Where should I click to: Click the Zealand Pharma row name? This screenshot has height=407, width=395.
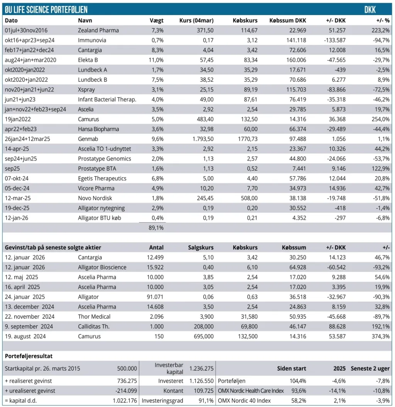(98, 30)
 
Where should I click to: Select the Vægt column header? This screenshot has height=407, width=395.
(157, 20)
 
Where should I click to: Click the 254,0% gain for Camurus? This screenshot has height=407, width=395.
(380, 119)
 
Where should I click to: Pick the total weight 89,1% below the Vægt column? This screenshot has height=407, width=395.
(156, 228)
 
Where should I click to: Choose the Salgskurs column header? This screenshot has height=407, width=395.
(201, 247)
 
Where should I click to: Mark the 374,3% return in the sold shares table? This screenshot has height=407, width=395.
(380, 336)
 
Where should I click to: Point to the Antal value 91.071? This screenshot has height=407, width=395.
(155, 297)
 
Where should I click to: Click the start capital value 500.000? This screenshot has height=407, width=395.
(127, 369)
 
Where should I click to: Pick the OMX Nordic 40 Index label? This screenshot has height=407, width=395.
(245, 401)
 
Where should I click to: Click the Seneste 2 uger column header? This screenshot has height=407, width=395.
(370, 369)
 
